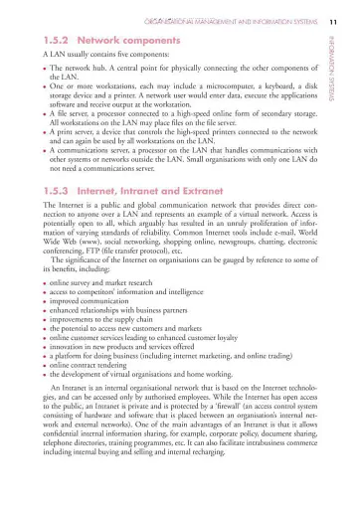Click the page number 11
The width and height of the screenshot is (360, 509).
(335, 21)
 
